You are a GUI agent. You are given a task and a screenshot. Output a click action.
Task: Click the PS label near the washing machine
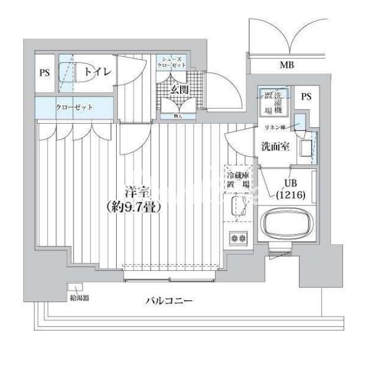pyautogui.click(x=306, y=97)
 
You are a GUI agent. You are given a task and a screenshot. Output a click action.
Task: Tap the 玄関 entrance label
pyautogui.click(x=179, y=90)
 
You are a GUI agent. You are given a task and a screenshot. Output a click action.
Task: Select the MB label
pyautogui.click(x=286, y=65)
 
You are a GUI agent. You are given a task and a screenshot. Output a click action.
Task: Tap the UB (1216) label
pyautogui.click(x=290, y=189)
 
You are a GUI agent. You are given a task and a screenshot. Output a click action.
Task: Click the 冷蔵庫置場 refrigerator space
pyautogui.click(x=238, y=179)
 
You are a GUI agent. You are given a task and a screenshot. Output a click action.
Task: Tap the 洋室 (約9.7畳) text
pyautogui.click(x=134, y=200)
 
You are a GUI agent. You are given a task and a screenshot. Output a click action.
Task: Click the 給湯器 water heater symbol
pyautogui.click(x=73, y=288)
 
